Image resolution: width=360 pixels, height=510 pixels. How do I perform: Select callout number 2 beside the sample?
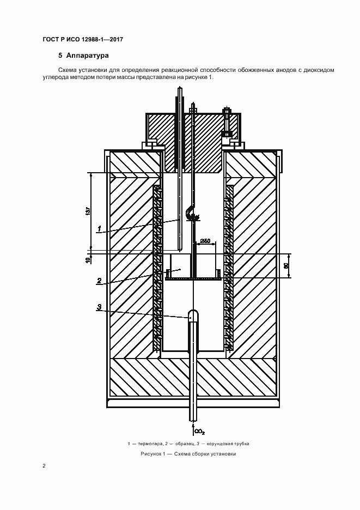[x=99, y=281]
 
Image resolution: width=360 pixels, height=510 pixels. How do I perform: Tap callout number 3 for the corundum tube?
[x=99, y=307]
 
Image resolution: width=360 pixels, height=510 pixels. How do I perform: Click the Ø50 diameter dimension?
[x=205, y=240]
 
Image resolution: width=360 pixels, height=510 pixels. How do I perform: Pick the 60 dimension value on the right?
[x=286, y=266]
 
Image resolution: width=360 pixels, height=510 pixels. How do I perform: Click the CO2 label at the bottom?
[x=199, y=432]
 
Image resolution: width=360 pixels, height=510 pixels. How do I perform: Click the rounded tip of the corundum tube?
[x=193, y=314]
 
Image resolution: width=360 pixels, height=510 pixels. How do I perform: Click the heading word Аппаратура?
[x=88, y=56]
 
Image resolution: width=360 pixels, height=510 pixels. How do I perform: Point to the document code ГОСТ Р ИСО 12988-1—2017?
[x=81, y=40]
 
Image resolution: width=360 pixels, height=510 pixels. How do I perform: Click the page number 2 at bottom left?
[x=44, y=466]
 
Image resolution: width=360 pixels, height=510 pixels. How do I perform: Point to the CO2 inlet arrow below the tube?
[x=193, y=427]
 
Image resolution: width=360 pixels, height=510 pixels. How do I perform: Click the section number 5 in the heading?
[x=60, y=56]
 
